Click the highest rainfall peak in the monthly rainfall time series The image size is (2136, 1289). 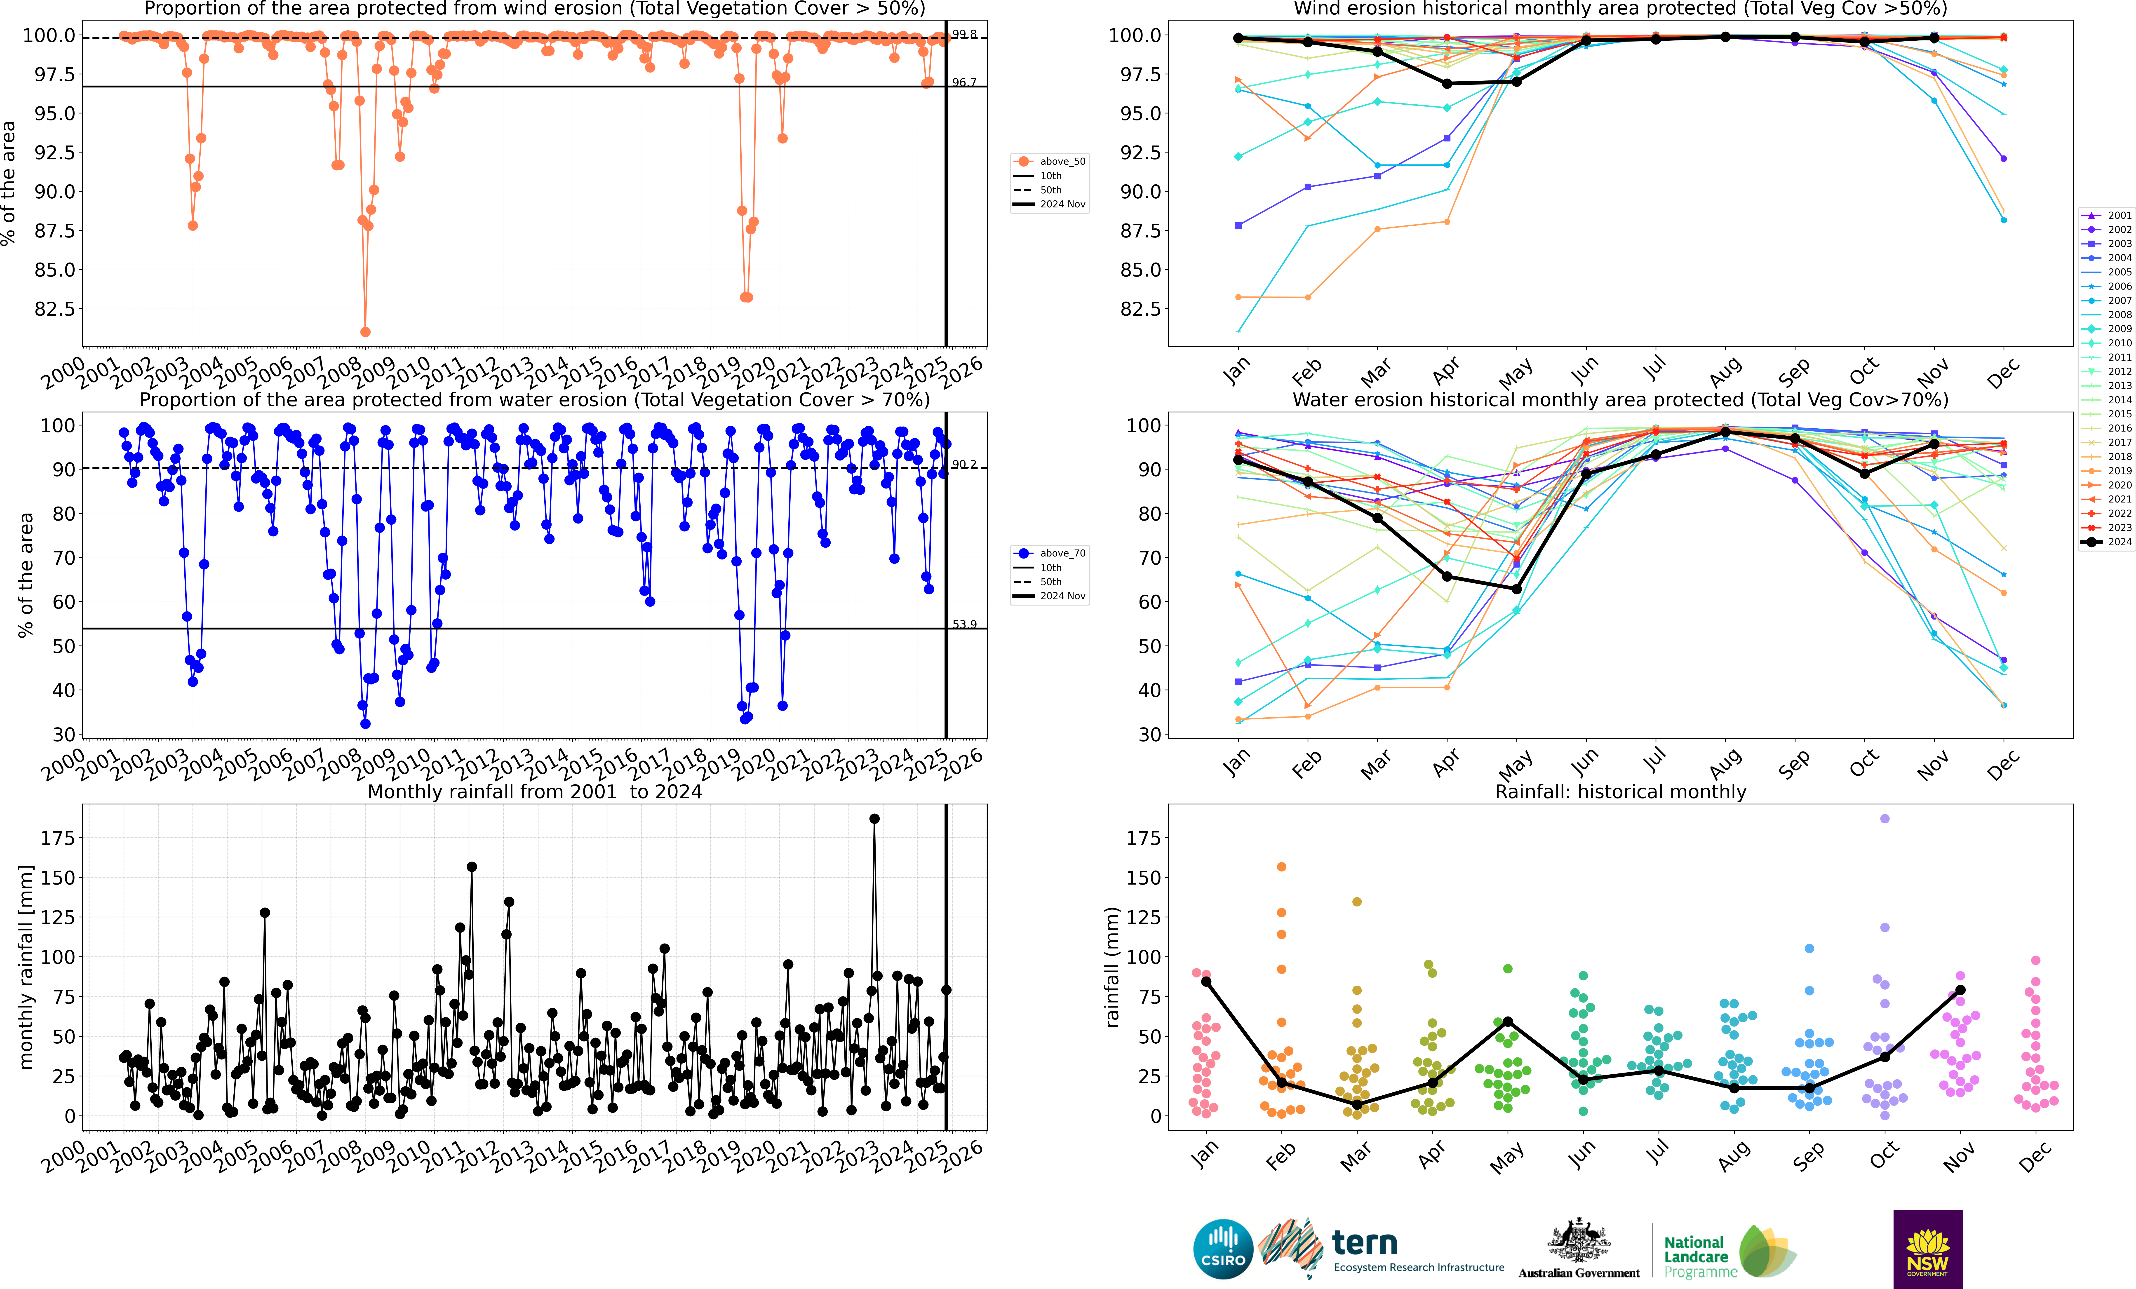point(874,818)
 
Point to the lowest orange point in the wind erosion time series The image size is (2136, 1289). point(365,332)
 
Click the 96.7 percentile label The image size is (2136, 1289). point(964,82)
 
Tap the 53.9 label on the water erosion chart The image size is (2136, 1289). point(964,624)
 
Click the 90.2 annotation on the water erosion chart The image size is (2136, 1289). point(964,465)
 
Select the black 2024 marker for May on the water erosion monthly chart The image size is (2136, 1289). point(1516,589)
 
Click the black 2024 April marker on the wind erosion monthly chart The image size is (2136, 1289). point(1447,83)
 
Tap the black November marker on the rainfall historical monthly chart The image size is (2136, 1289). point(1960,990)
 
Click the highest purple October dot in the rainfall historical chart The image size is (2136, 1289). point(1885,818)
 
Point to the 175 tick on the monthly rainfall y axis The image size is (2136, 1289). point(57,838)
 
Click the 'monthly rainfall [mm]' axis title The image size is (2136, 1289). point(26,967)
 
